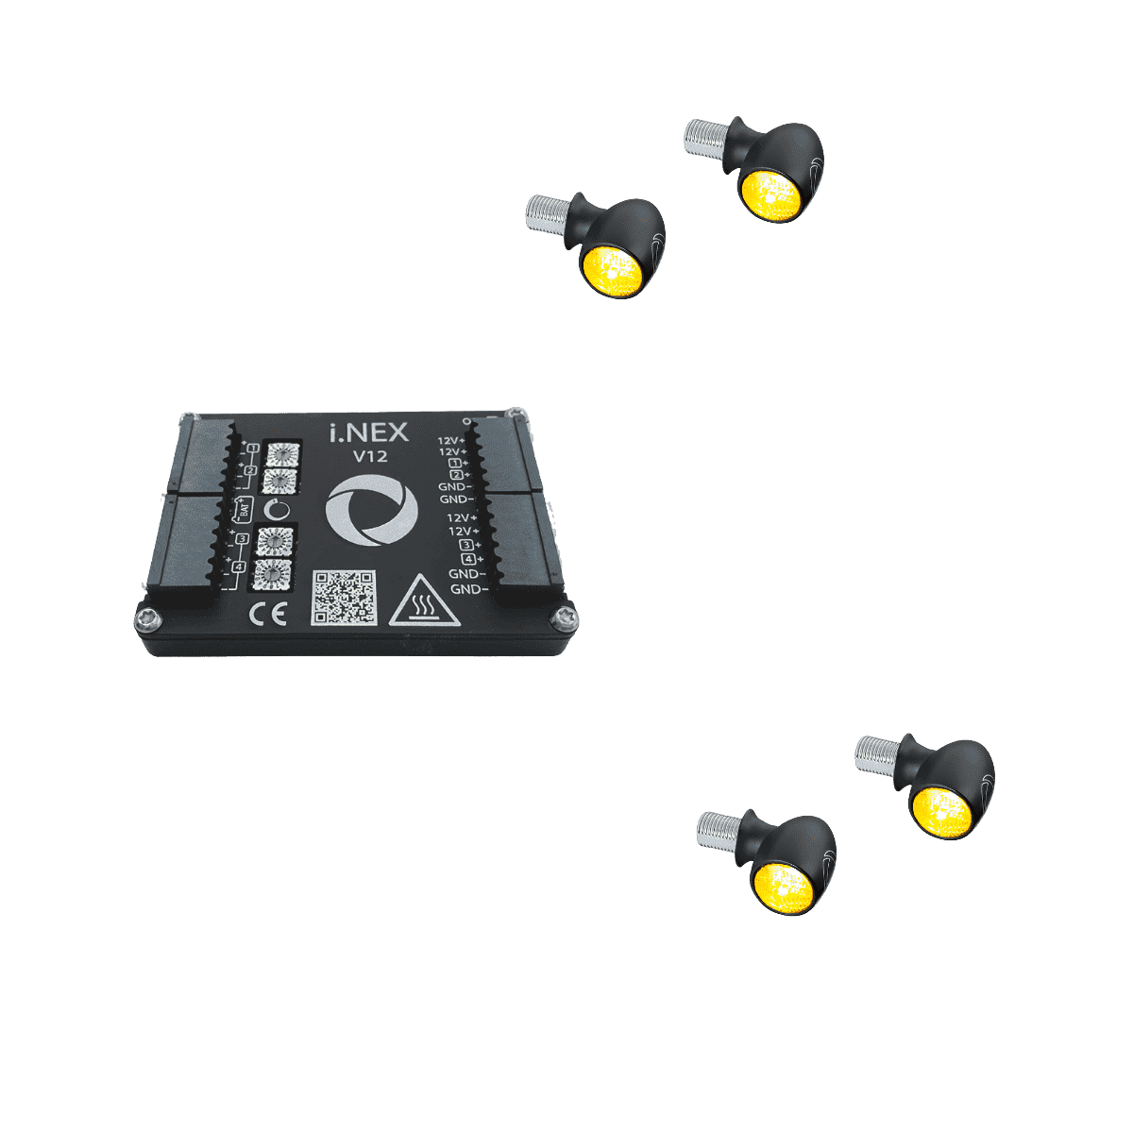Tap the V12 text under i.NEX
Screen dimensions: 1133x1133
(x=369, y=457)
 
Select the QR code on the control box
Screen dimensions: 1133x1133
(x=343, y=597)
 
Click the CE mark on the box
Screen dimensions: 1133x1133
(x=267, y=616)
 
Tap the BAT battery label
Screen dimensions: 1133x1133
(x=243, y=511)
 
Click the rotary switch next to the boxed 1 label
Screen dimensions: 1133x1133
(x=281, y=451)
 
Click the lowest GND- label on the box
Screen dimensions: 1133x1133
(x=468, y=589)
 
